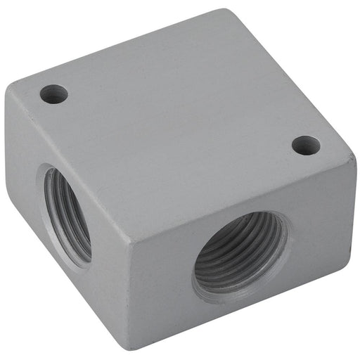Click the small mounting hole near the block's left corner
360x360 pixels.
tap(53, 94)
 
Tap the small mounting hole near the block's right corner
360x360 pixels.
tap(306, 146)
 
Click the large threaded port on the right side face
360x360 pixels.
tap(240, 255)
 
